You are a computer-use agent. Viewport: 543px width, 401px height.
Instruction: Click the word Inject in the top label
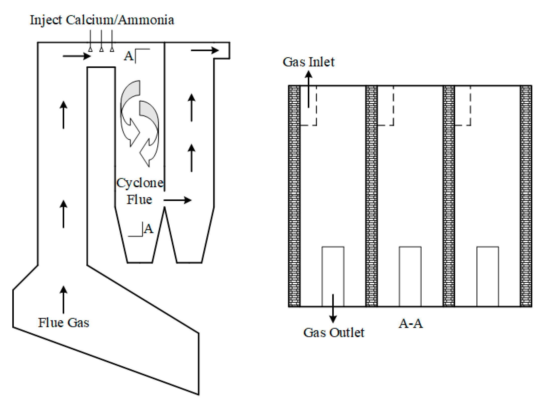point(46,20)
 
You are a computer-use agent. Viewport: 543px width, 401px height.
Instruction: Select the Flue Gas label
point(63,322)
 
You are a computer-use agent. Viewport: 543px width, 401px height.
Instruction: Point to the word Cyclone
point(140,183)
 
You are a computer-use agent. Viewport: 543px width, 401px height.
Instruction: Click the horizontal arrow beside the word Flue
point(177,200)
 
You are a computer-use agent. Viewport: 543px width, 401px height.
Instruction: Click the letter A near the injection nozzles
point(129,56)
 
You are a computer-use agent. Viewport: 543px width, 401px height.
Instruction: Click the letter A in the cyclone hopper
point(149,229)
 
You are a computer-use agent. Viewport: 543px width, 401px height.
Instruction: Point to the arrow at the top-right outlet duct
point(205,50)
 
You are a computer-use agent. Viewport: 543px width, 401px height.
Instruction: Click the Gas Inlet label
point(308,62)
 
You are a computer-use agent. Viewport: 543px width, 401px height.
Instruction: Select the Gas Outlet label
point(333,332)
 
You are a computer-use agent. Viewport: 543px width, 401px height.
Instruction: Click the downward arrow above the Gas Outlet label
point(333,309)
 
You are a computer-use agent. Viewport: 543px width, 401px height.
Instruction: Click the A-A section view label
point(411,323)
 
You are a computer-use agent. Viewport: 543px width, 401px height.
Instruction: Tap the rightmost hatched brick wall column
point(526,196)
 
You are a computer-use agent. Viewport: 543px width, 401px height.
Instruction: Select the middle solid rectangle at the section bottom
point(410,276)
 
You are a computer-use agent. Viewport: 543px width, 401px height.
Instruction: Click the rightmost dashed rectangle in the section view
point(462,106)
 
